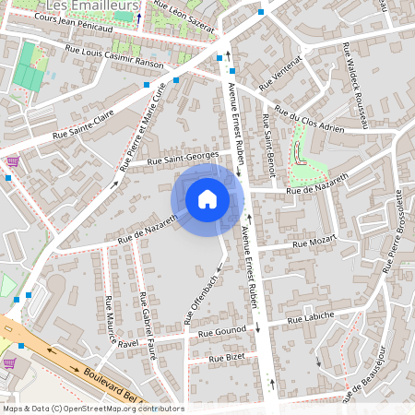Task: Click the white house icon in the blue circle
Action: pos(207,198)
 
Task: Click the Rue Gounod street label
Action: pos(221,331)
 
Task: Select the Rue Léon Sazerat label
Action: pos(184,17)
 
